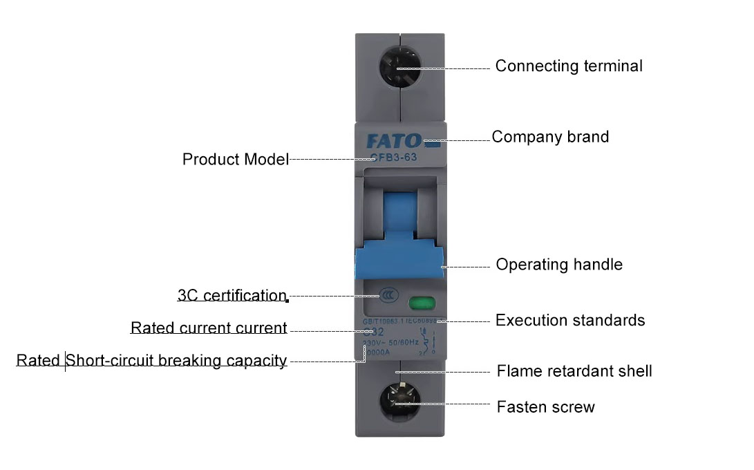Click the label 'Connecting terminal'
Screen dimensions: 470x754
coord(568,66)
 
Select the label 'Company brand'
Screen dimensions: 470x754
coord(550,137)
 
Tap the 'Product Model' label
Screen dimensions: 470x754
coord(235,160)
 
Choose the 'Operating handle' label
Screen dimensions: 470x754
coord(559,265)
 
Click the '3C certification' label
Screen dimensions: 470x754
coord(232,296)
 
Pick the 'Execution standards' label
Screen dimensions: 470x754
coord(570,321)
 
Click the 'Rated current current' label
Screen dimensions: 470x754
coord(209,328)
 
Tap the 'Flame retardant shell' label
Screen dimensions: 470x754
coord(574,371)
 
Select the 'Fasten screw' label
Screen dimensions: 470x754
coord(545,407)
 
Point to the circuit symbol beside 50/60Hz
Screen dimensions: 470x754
coord(431,341)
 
